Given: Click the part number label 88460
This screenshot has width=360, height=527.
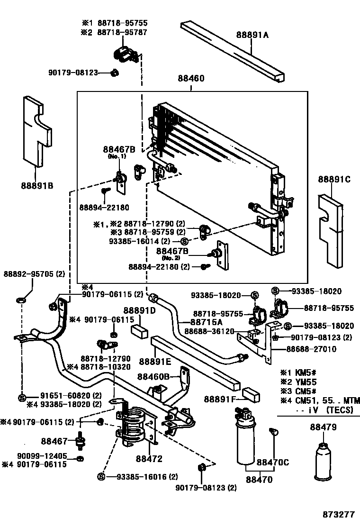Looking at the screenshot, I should click(x=191, y=79).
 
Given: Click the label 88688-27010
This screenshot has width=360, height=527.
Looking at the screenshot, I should click(x=311, y=349).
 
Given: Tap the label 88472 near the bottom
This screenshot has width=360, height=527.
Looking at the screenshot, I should click(x=149, y=459).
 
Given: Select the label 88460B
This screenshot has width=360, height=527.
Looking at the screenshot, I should click(x=153, y=377).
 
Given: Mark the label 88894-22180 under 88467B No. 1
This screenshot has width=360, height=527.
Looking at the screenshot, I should click(x=104, y=208).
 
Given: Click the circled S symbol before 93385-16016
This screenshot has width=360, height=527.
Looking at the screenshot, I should click(x=100, y=476).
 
